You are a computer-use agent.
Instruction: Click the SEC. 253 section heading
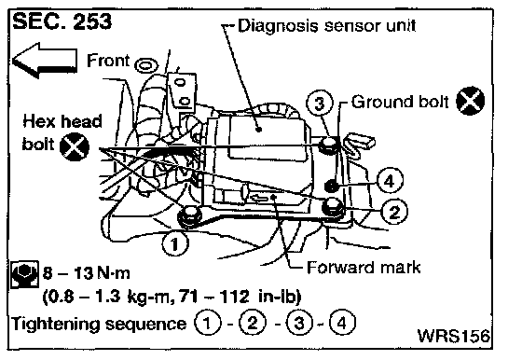62,21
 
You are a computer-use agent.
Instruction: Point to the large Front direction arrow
45,61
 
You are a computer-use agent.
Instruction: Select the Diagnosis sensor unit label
327,25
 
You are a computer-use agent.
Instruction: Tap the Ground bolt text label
400,102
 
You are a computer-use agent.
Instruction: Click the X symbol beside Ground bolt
470,101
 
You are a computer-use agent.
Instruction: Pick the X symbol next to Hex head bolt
75,146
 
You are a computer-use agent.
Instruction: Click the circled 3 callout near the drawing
319,103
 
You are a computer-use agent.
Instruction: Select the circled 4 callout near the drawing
390,181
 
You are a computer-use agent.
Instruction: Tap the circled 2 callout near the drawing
394,212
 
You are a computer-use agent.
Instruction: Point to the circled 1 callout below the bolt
175,244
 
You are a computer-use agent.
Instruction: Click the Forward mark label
364,268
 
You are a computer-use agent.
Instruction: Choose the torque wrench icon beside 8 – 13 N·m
24,275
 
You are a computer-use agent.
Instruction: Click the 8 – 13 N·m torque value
86,273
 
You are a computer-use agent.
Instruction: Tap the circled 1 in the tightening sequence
207,323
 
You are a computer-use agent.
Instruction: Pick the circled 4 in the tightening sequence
343,322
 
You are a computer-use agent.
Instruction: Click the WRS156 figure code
454,336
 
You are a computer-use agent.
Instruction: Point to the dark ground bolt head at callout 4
332,186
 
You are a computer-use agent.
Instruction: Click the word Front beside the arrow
108,61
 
